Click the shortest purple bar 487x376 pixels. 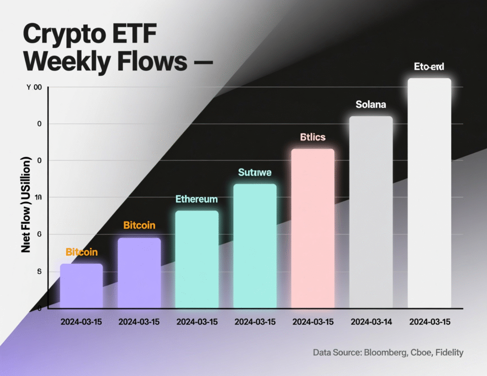pos(81,286)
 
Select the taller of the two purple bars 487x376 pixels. pos(139,272)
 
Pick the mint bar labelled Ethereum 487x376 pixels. pos(196,259)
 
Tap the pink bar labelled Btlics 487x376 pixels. pos(312,228)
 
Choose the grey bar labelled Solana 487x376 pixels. pos(371,212)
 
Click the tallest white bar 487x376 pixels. pos(429,193)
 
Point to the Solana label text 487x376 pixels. pos(371,104)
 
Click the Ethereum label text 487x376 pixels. pos(196,199)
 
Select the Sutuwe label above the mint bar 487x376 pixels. pos(254,172)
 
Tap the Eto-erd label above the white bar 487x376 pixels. pos(429,67)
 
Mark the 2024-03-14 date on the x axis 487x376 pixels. pos(371,322)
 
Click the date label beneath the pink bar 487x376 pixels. pos(313,322)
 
